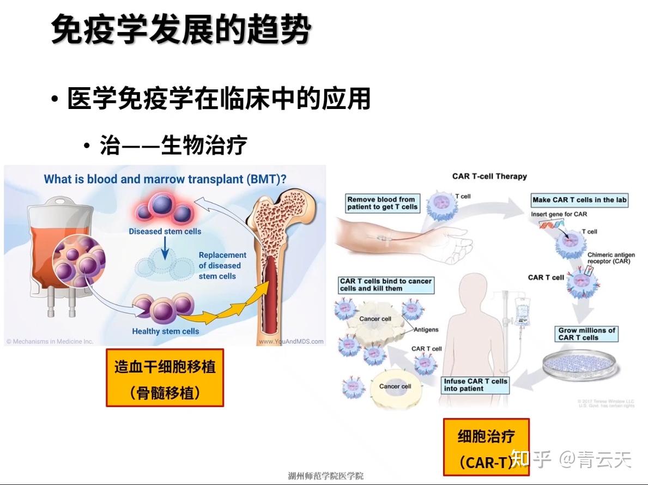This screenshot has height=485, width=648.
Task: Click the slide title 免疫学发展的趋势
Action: coord(181,29)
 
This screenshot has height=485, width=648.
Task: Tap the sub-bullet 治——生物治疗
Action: coord(173,145)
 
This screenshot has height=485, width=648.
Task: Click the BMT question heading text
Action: coord(165,179)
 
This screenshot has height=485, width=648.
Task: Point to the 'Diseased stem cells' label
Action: coord(165,231)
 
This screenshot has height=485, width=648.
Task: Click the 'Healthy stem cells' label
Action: coord(165,331)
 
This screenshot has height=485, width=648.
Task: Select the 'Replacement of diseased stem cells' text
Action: coord(222,265)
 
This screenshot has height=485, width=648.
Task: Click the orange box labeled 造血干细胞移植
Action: coord(165,378)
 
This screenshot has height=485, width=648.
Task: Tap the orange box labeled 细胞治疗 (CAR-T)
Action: coord(485,447)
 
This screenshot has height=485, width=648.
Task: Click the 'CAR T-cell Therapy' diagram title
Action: coord(489,176)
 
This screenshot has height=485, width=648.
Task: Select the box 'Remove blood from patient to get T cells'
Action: coord(382,203)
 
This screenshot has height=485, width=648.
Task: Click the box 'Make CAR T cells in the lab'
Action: coord(579,200)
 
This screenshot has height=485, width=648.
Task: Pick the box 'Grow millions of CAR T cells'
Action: coord(586,334)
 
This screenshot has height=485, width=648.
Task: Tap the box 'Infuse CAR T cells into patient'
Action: coord(475,385)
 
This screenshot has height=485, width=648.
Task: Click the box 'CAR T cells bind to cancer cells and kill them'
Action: coord(386,284)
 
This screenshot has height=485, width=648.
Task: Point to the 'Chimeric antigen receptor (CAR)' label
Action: coord(610,258)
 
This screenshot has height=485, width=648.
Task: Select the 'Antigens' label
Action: coord(426,330)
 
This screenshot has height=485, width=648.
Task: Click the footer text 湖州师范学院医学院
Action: coord(325,476)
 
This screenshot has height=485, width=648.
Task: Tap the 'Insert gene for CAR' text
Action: coord(559,214)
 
